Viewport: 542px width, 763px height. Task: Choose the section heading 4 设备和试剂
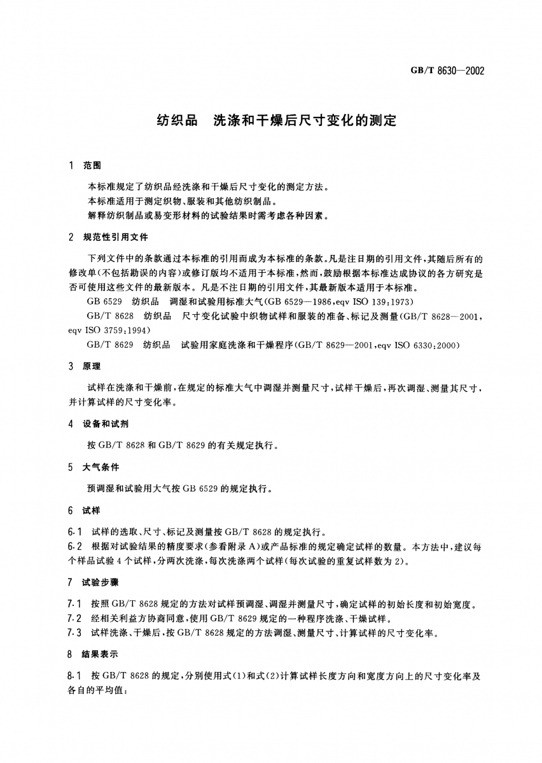tap(99, 423)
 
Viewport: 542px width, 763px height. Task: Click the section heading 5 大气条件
tap(94, 467)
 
